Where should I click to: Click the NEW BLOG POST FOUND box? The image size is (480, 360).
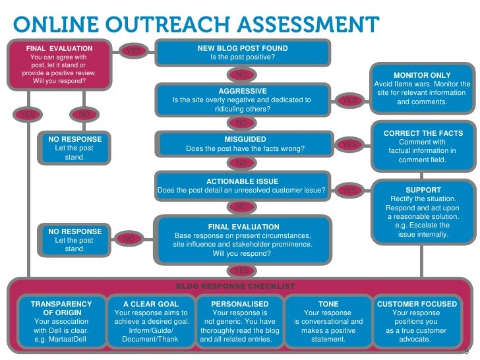[x=243, y=53]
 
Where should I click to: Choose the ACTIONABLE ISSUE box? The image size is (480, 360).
[x=243, y=186]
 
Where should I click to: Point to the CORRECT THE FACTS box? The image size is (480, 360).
[x=423, y=146]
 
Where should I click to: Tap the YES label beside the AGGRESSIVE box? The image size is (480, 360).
[x=350, y=100]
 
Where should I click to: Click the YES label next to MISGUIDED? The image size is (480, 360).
[x=350, y=144]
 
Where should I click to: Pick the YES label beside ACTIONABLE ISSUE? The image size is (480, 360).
[x=350, y=191]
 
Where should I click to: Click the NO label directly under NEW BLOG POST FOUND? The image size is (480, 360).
[x=242, y=75]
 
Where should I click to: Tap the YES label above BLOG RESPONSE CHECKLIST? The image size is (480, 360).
[x=242, y=270]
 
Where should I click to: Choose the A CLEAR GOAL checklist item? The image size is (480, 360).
[x=151, y=321]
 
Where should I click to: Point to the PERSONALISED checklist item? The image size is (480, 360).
[x=240, y=321]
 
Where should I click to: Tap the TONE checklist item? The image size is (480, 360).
[x=328, y=321]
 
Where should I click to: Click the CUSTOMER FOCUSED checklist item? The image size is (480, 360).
[x=417, y=321]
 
